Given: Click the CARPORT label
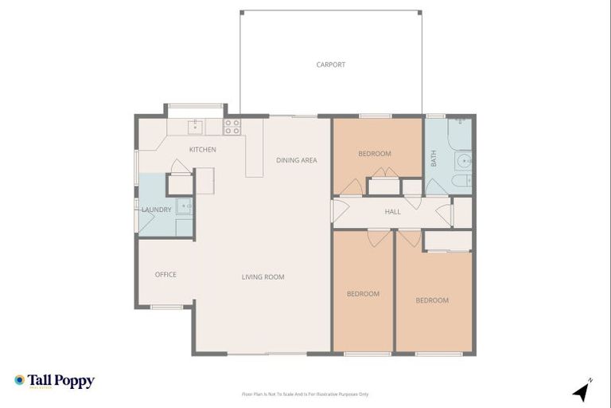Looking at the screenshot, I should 330,65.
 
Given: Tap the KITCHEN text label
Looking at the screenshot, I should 202,150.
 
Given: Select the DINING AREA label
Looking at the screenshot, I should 297,160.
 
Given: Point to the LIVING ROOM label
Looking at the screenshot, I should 263,277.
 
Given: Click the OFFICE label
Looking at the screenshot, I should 165,275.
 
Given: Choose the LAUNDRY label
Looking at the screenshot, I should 156,210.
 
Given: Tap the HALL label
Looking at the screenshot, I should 392,212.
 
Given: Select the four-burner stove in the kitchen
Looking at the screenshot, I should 232,125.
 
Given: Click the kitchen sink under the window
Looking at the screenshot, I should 196,126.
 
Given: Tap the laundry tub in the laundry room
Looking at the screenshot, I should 184,206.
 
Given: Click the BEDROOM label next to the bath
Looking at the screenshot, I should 374,154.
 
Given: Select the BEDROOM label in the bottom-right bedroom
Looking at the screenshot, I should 432,300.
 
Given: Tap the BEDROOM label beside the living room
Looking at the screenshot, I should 363,294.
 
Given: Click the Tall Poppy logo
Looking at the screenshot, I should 54,381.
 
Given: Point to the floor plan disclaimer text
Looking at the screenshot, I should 305,394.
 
